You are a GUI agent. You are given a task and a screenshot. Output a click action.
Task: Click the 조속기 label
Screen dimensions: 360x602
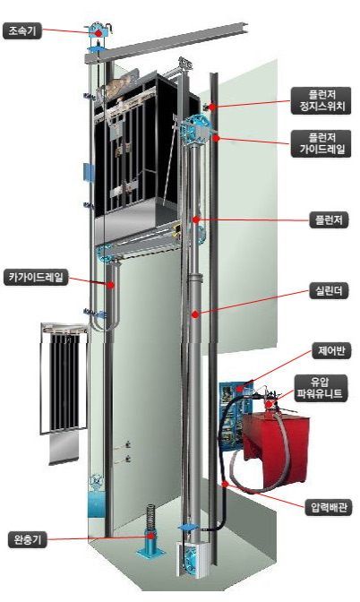tap(21, 31)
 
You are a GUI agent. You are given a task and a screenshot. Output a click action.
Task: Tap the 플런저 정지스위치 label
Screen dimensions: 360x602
tap(321, 100)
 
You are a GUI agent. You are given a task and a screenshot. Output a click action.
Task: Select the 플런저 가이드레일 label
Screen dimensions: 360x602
tap(321, 143)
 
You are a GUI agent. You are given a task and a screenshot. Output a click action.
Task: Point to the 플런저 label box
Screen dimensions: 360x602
tap(329, 220)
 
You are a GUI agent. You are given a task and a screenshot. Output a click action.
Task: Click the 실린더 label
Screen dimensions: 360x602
tap(329, 291)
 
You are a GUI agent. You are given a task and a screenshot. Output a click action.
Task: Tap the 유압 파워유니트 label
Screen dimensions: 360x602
tap(321, 388)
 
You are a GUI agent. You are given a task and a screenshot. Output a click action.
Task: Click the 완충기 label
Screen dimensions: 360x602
tap(27, 540)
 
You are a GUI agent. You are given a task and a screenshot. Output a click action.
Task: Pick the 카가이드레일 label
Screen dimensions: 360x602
tap(36, 277)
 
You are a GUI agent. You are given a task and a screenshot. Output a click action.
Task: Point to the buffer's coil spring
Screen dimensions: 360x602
tap(150, 517)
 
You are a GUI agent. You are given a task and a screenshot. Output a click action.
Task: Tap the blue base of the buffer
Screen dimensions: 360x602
tap(150, 544)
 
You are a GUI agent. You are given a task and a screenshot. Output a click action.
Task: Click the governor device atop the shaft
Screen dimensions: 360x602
tap(99, 30)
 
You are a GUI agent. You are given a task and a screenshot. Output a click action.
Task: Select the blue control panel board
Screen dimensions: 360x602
tap(232, 415)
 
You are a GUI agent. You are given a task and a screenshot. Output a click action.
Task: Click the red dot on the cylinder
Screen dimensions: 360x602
tap(195, 314)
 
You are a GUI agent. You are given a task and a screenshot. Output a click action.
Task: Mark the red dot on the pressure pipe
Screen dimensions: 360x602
tap(226, 484)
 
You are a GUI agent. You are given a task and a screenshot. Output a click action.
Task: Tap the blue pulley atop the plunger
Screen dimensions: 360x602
tap(195, 129)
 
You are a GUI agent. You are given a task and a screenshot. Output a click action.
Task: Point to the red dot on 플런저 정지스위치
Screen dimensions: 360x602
tap(211, 107)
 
